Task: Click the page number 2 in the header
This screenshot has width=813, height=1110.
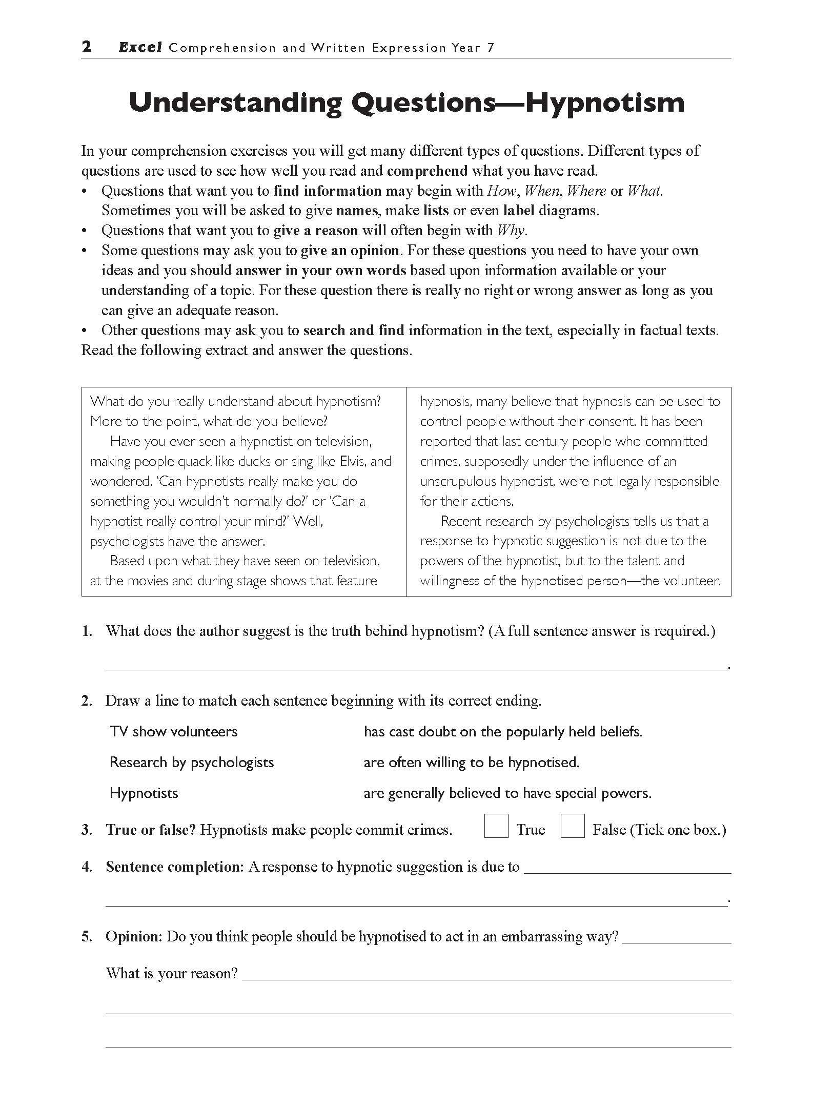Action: click(87, 47)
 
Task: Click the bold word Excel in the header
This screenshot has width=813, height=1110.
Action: click(140, 48)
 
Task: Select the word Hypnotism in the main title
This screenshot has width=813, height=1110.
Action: click(605, 102)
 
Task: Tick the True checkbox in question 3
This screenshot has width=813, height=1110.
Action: click(496, 826)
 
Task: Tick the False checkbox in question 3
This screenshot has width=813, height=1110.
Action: click(572, 826)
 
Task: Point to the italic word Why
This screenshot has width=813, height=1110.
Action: click(511, 231)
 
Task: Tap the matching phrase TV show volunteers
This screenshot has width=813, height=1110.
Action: click(174, 731)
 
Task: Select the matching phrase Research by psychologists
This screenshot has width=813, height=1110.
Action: click(192, 762)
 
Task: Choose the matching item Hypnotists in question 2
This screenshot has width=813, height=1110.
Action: click(144, 793)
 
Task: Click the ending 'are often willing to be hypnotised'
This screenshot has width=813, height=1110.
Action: click(471, 762)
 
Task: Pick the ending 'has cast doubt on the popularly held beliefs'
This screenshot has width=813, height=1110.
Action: click(502, 731)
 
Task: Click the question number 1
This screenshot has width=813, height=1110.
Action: click(87, 631)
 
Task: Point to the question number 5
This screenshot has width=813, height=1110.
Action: click(87, 936)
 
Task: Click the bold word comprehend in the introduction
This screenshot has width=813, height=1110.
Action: click(428, 171)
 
